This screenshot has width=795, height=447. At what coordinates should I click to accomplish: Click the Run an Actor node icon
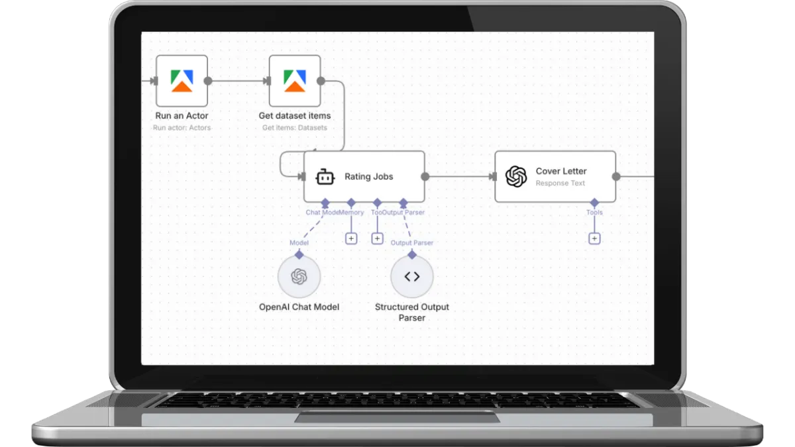click(182, 81)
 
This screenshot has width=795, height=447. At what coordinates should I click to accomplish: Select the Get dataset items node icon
click(295, 81)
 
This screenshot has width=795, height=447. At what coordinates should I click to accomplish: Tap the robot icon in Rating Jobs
click(324, 177)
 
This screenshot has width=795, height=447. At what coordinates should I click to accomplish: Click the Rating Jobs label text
click(368, 177)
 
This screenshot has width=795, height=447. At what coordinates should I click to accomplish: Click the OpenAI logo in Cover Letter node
click(515, 177)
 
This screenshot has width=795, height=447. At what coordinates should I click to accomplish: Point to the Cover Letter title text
click(561, 171)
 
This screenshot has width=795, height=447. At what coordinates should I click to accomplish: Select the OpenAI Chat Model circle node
click(299, 277)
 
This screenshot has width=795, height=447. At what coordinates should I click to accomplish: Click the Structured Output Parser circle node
click(411, 277)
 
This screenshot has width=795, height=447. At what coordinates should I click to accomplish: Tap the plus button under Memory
click(351, 238)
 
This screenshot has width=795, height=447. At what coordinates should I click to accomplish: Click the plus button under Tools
click(594, 238)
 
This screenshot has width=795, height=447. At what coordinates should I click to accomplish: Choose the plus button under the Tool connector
click(377, 238)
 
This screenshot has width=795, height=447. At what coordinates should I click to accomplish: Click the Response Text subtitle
click(560, 183)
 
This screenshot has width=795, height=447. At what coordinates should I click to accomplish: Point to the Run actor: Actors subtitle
click(182, 128)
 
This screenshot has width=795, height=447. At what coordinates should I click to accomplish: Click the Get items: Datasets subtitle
click(294, 128)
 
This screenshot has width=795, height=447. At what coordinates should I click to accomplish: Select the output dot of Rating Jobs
click(425, 177)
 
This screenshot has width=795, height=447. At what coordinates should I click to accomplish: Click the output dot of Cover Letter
click(616, 177)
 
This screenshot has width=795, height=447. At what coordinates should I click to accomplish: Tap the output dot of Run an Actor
click(208, 81)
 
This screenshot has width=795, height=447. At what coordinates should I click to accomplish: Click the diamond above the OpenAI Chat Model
click(299, 254)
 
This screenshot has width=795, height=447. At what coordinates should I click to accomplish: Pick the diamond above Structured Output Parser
click(411, 254)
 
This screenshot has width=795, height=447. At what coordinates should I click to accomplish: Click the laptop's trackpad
click(397, 417)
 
